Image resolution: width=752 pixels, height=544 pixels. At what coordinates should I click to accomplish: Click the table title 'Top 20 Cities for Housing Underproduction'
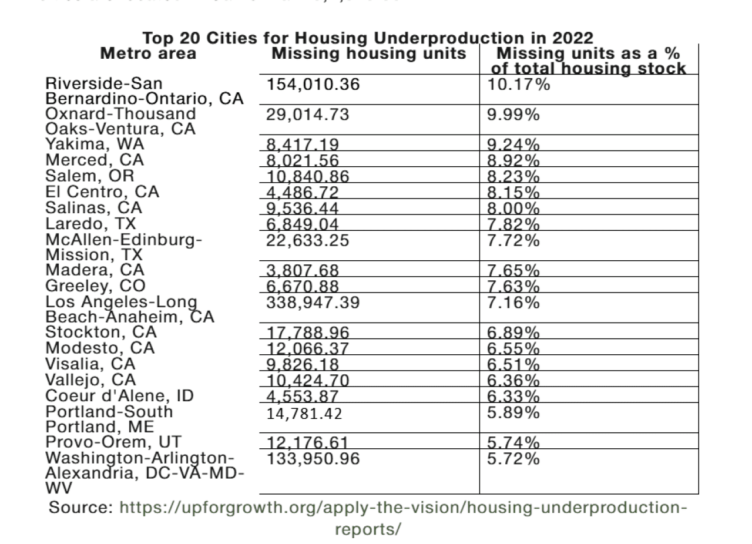368,39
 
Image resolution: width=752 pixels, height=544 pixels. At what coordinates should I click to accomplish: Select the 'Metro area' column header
148,54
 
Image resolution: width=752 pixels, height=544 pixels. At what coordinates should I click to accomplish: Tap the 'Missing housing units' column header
370,54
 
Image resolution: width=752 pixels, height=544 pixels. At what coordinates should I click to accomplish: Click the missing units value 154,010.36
313,84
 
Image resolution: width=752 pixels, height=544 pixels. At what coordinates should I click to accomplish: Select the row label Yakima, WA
95,145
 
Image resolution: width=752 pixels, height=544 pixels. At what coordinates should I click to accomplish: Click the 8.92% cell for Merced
513,160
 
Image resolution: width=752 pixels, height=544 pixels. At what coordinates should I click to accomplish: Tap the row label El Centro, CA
102,192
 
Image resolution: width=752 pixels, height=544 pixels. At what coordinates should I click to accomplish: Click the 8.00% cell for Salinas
513,208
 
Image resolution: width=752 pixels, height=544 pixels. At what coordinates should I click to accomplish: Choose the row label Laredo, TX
90,224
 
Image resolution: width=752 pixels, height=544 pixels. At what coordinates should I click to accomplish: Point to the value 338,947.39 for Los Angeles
313,303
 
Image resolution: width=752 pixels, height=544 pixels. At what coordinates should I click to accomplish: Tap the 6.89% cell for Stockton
513,333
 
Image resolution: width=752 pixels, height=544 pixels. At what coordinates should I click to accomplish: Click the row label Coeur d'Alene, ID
119,395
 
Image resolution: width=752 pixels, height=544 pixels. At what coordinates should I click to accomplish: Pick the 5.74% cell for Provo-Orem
513,442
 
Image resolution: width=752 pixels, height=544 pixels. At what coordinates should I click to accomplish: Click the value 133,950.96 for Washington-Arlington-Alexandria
313,458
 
